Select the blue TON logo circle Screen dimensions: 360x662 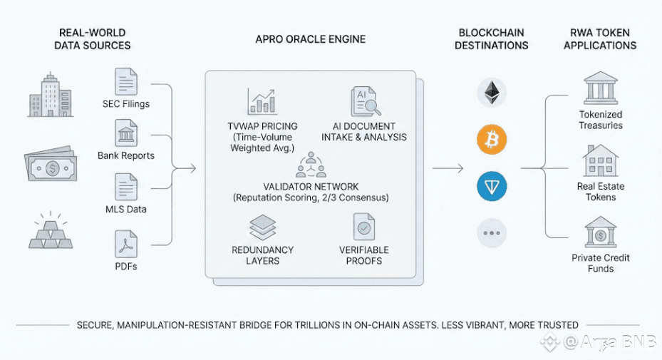point(491,186)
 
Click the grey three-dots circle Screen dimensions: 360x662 point(491,232)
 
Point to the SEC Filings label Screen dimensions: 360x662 point(126,104)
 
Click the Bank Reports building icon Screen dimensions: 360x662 point(126,133)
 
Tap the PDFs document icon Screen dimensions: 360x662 point(126,245)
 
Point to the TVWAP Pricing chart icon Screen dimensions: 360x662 point(262,101)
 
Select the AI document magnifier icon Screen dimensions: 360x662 point(363,102)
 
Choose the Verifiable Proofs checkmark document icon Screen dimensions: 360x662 point(364,227)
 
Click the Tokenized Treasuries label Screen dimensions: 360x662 point(601,120)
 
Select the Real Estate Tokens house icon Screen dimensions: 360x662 point(601,161)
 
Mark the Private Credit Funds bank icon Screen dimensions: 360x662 point(601,232)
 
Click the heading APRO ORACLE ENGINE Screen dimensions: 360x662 point(310,40)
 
